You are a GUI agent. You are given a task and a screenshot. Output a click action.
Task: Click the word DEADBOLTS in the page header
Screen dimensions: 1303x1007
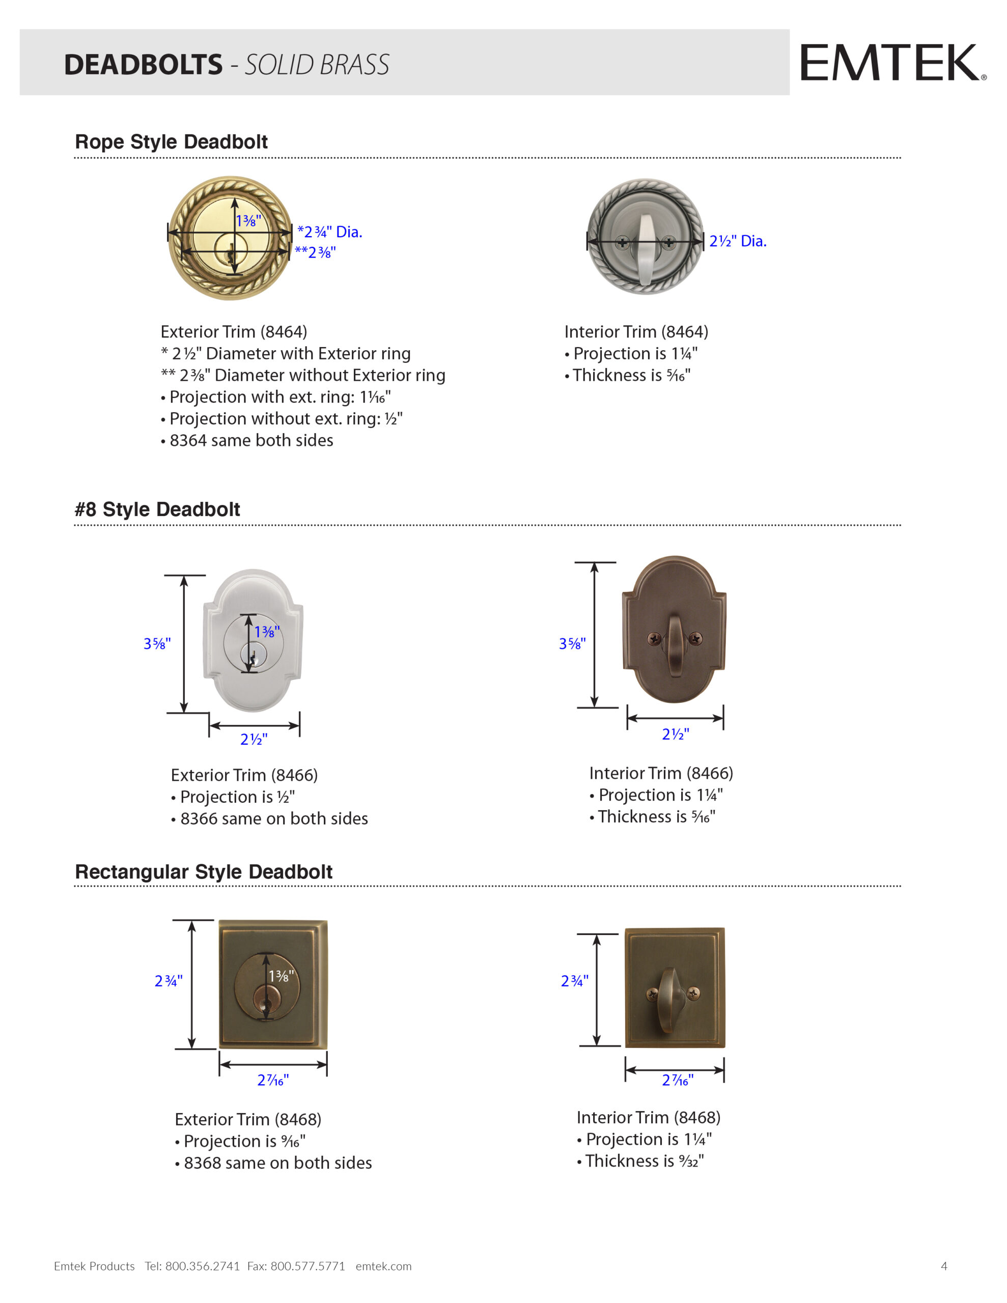click(x=143, y=65)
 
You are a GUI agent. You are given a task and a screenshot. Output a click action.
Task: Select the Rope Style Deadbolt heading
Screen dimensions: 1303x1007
click(x=172, y=142)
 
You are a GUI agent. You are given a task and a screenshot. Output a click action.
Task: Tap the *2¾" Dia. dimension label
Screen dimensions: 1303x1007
click(x=329, y=232)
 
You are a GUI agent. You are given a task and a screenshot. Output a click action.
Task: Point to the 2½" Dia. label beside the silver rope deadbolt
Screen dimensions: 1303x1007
click(x=737, y=241)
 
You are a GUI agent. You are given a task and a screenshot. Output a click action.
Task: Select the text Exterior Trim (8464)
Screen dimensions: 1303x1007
click(x=234, y=332)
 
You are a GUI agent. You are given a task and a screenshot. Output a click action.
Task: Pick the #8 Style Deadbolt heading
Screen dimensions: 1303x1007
click(x=157, y=509)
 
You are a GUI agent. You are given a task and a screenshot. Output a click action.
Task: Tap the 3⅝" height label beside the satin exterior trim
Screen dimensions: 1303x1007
click(x=157, y=644)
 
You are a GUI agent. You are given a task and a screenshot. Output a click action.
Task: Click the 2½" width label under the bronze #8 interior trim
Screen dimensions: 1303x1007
click(x=675, y=734)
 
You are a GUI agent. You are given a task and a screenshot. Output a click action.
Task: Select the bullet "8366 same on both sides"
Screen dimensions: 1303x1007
click(x=273, y=818)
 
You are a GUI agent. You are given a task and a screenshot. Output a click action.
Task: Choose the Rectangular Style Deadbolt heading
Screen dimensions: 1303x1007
click(x=204, y=872)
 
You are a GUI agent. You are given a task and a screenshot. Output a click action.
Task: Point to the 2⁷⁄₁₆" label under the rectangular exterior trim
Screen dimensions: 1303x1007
click(x=273, y=1080)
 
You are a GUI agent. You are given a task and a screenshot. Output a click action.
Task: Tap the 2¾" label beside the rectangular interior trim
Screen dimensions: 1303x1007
click(x=574, y=981)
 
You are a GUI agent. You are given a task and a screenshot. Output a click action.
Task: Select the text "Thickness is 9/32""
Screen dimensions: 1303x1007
click(x=644, y=1161)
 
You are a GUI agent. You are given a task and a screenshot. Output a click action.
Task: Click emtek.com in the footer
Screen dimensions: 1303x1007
click(x=383, y=1266)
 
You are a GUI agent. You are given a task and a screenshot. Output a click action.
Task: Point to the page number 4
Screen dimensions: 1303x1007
click(x=944, y=1266)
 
